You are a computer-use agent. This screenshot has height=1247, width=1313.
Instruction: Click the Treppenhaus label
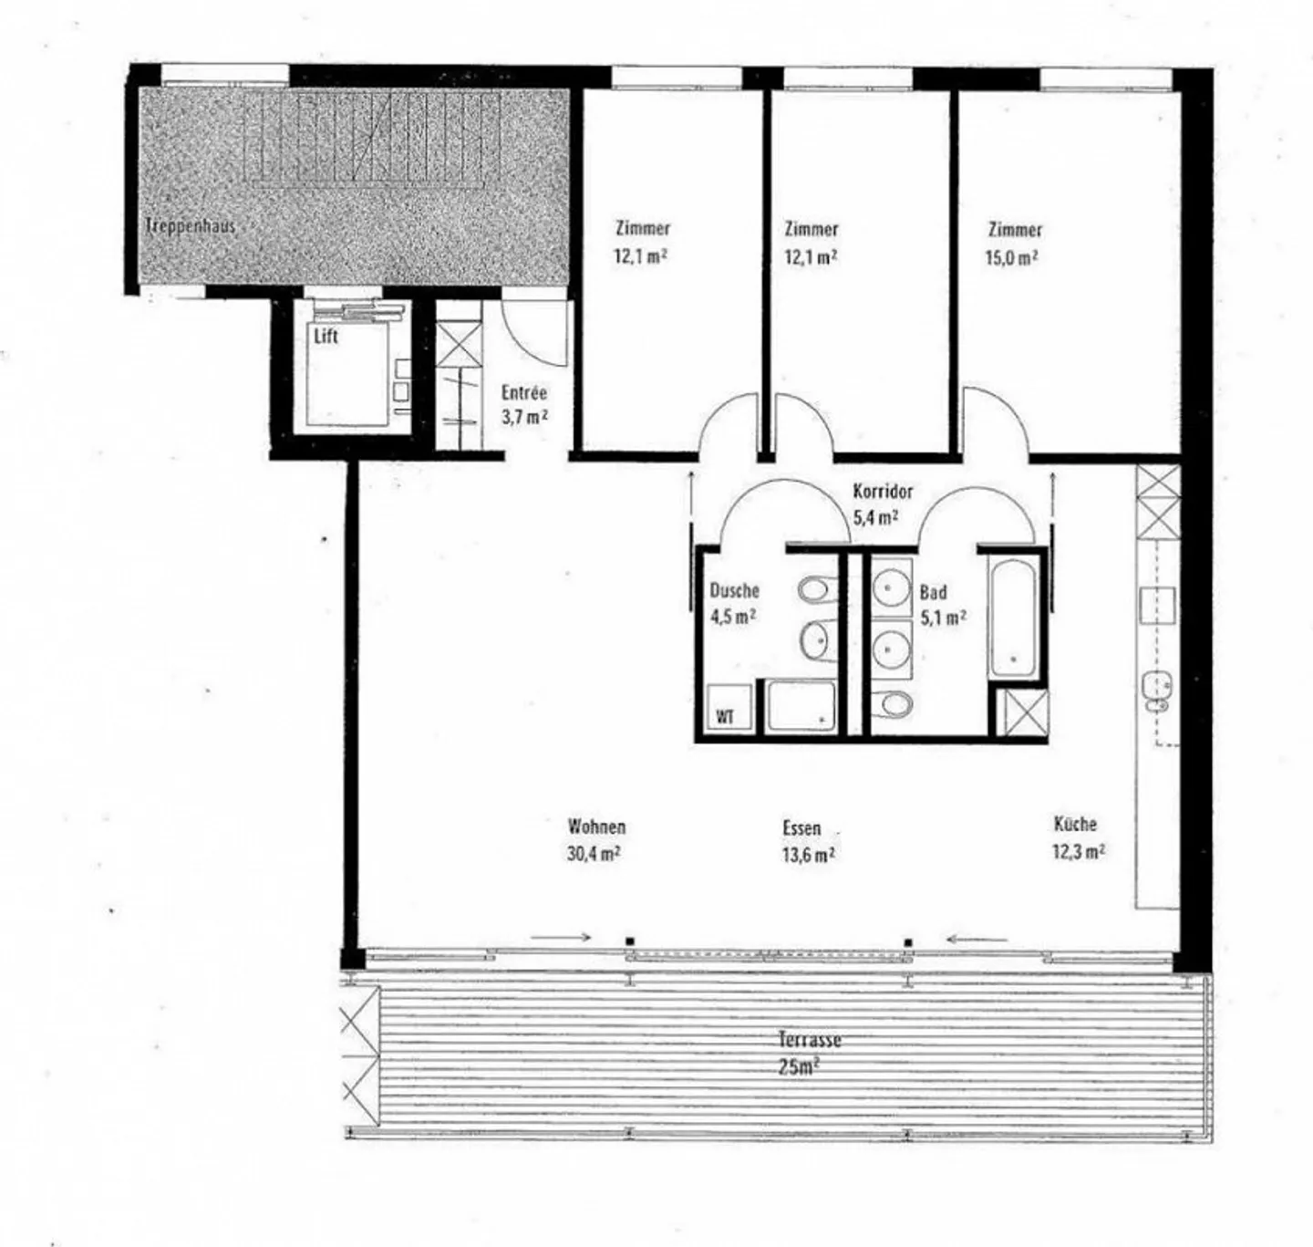(191, 225)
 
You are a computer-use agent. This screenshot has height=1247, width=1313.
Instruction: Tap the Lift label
(326, 337)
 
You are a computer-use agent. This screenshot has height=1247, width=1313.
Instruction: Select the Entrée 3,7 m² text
(524, 405)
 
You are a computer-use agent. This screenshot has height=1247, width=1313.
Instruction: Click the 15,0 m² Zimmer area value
(1012, 258)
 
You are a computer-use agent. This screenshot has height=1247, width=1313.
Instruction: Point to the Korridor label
(883, 492)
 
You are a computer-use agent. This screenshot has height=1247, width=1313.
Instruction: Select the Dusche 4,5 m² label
(734, 603)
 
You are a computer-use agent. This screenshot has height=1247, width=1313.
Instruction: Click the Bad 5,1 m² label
(942, 605)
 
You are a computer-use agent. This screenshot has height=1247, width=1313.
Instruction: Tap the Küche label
(1075, 825)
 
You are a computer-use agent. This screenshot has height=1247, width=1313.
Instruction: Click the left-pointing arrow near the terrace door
(978, 939)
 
